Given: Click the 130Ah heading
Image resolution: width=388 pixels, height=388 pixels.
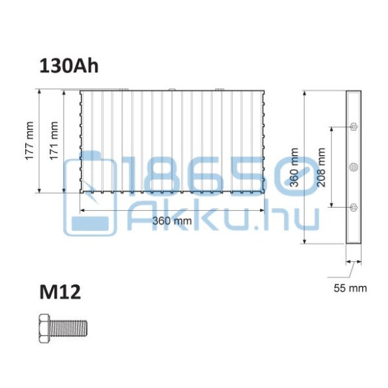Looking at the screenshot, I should click(69, 66).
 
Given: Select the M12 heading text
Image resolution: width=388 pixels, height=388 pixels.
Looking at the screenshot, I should click(60, 292).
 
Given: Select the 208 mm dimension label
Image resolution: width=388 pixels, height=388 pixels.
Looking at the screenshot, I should click(322, 168).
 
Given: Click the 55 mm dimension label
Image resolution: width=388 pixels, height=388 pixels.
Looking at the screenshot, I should click(350, 289).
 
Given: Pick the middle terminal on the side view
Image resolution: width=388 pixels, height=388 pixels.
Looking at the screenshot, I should click(353, 166).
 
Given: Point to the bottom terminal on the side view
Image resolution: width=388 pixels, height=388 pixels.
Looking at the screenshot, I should click(353, 208).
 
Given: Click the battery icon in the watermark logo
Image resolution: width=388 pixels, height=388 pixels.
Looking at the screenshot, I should click(90, 192).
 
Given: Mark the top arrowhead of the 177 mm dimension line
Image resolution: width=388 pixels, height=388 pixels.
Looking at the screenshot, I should click(39, 94).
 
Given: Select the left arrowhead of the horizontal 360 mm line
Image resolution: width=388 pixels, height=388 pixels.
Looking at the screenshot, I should click(83, 210).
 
